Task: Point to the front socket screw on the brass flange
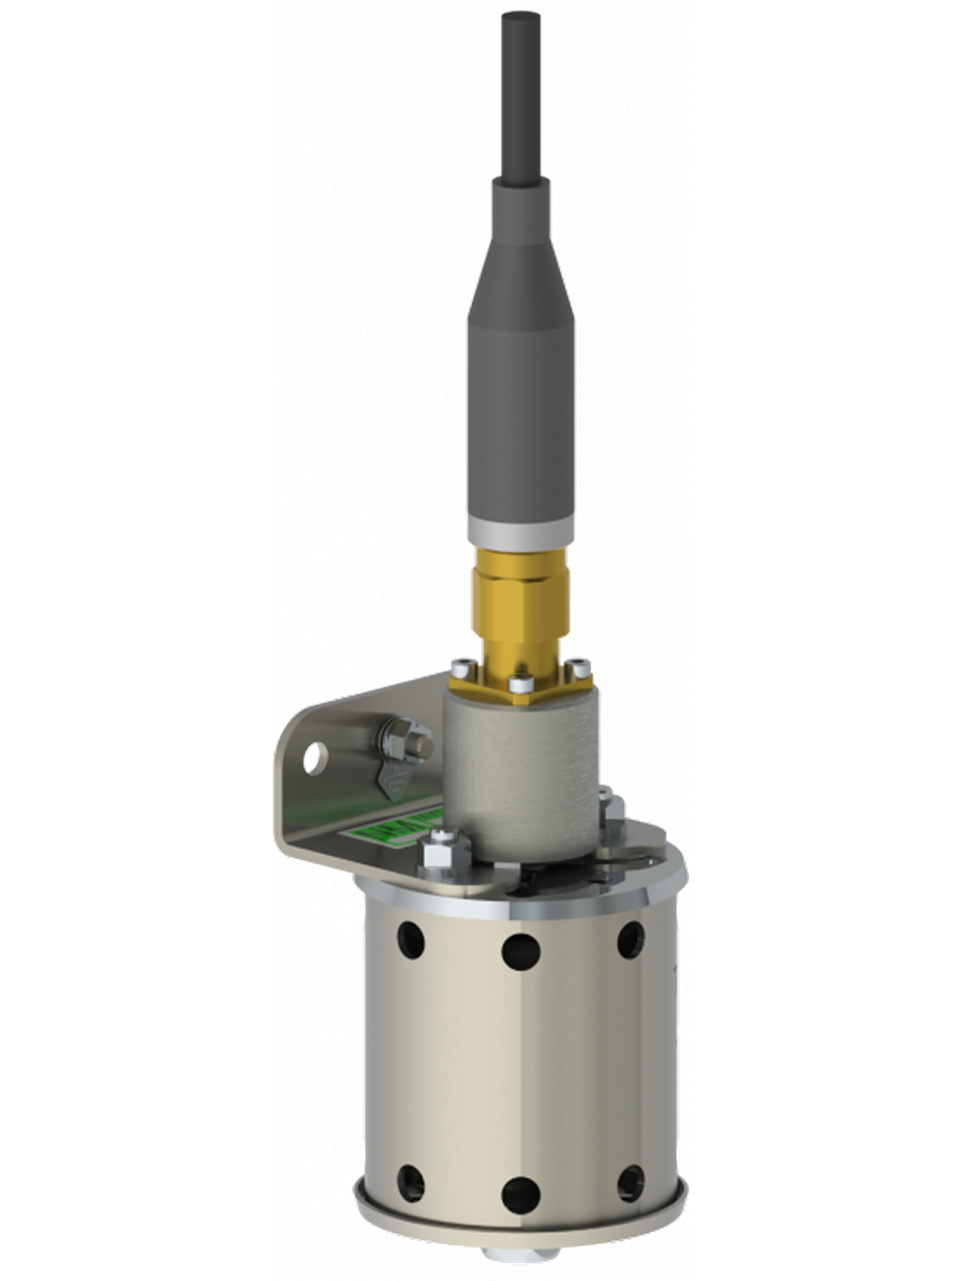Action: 519,686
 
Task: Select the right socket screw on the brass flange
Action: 577,666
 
